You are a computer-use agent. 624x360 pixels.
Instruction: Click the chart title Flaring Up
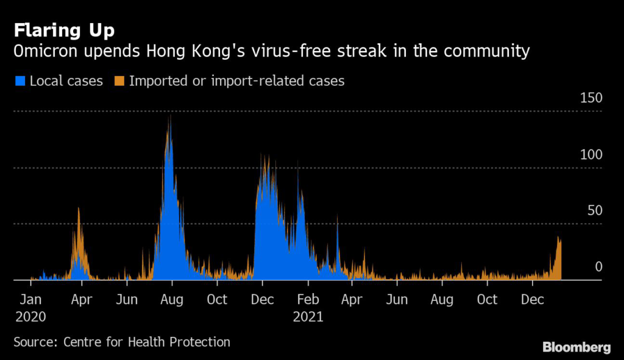64,30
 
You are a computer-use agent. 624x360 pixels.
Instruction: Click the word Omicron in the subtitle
45,51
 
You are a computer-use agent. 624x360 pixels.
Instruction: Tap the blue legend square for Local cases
20,81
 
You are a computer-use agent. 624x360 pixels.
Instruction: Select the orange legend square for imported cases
119,81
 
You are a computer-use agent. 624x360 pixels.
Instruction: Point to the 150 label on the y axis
591,98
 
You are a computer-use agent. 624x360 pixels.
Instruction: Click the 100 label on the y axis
591,154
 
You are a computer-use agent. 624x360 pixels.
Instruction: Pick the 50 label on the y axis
595,210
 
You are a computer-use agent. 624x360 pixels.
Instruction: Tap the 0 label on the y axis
598,267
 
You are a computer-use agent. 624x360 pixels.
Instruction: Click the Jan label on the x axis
30,299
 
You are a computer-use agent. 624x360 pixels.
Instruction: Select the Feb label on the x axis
308,299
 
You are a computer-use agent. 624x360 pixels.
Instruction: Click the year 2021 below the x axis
308,317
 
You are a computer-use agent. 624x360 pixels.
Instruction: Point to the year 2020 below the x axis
30,317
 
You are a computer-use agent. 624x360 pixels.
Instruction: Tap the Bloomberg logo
576,347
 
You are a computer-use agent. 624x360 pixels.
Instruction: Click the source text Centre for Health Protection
146,342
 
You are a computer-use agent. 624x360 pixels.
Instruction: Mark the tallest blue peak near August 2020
171,116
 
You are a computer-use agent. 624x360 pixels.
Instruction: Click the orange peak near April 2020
79,209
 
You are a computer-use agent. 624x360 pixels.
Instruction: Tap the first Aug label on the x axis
172,299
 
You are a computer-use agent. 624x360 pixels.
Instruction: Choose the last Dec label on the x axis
533,299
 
